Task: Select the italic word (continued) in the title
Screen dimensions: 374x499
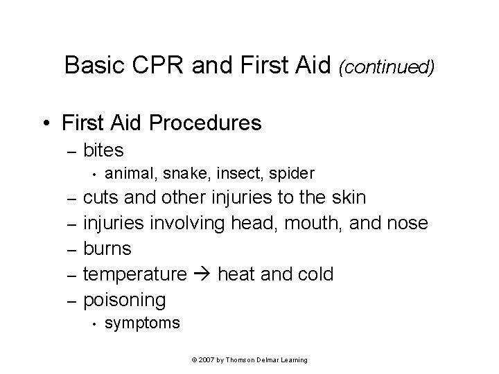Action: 387,66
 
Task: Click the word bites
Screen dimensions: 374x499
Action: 103,150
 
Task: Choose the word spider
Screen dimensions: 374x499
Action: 291,172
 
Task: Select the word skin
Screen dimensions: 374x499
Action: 347,197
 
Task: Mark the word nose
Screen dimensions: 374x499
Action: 408,223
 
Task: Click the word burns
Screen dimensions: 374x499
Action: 107,249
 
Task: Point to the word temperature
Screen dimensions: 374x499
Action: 134,274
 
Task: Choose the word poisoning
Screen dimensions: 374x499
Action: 124,300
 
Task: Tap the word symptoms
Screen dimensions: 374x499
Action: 142,323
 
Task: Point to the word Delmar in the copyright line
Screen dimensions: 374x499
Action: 268,360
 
